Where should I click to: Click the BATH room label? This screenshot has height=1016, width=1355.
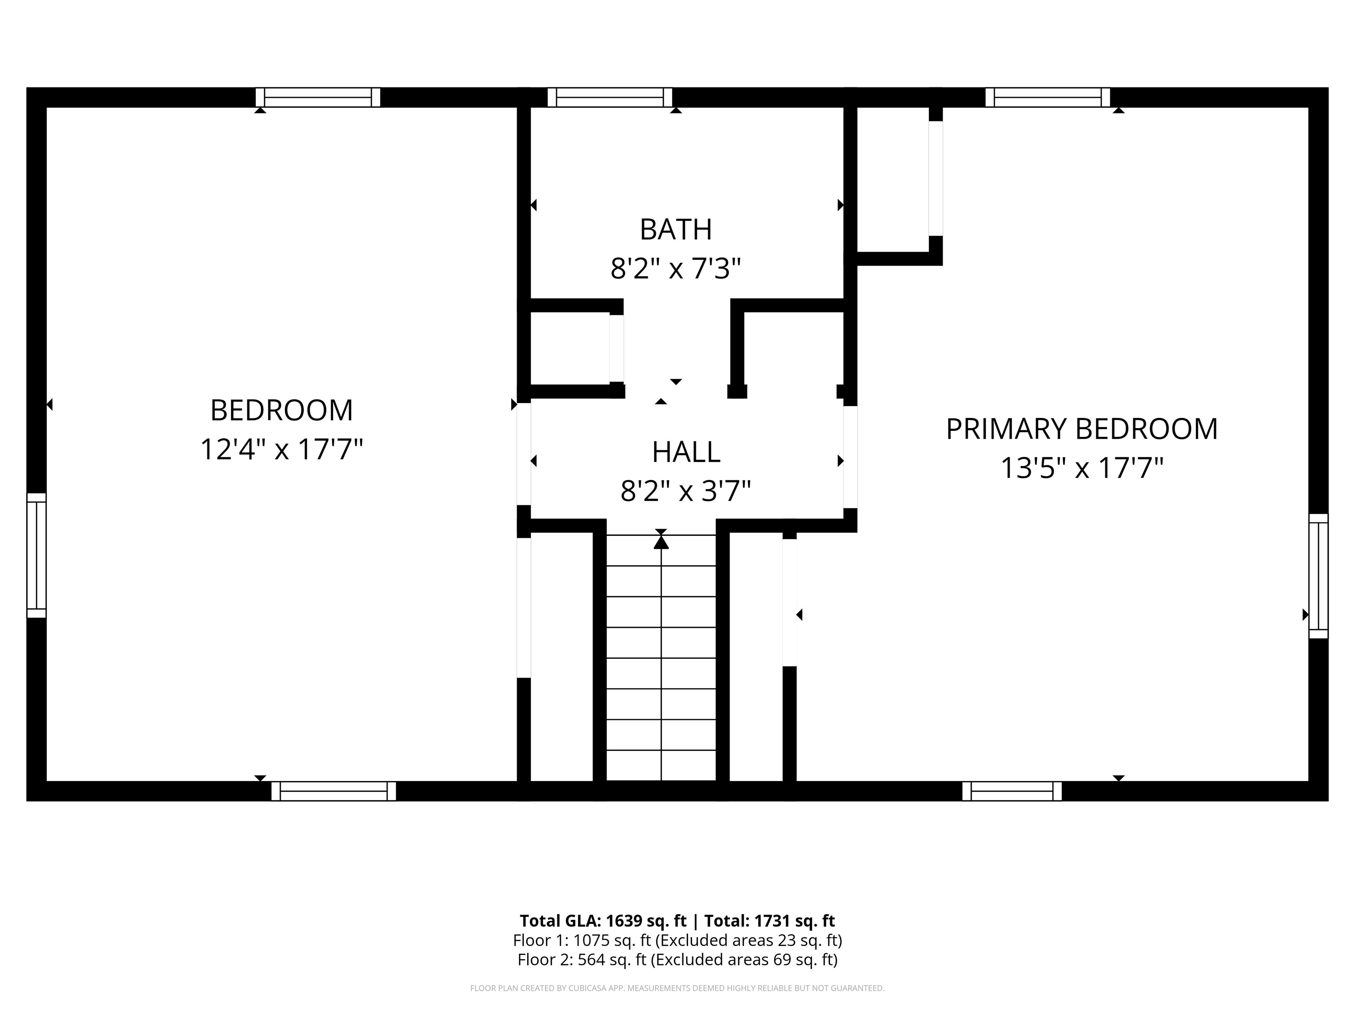click(676, 230)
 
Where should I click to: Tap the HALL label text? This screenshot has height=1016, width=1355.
click(685, 452)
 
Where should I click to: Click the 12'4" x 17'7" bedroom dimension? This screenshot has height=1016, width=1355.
click(282, 449)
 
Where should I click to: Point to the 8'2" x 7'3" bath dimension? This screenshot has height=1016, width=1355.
click(676, 268)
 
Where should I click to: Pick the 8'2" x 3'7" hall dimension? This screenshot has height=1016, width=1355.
click(685, 490)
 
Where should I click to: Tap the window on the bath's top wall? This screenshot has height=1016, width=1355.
click(610, 97)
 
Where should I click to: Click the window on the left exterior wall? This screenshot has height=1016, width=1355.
click(37, 555)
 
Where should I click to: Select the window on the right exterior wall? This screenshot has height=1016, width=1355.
click(1318, 575)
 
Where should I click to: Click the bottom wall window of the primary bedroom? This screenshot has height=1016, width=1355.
click(1012, 791)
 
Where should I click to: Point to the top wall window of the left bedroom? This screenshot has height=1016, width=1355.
click(318, 97)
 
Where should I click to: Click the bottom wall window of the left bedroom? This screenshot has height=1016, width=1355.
click(334, 791)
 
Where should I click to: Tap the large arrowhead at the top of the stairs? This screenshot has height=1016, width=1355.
click(661, 542)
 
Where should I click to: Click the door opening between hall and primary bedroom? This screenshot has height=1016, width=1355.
click(850, 457)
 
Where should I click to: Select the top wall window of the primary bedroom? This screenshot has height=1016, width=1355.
click(1048, 97)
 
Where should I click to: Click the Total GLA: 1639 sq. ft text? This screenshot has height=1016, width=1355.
click(603, 920)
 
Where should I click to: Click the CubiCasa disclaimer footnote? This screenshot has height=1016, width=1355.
click(677, 988)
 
